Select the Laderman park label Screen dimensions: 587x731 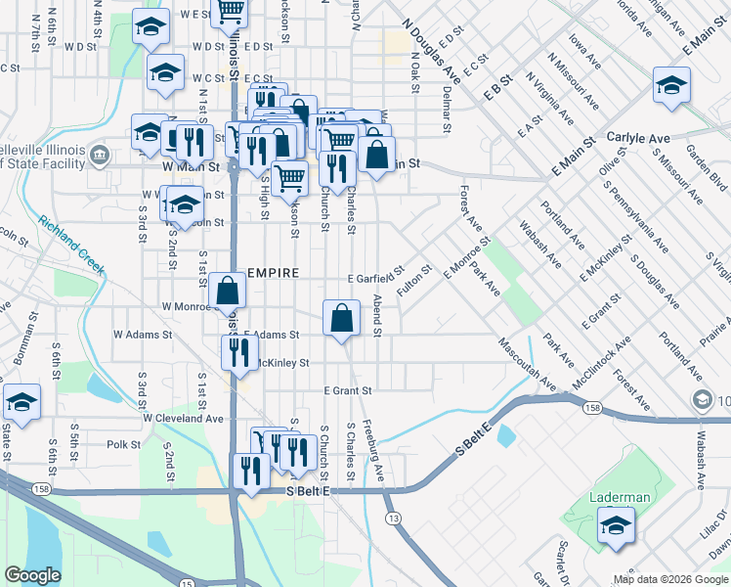(x=620, y=497)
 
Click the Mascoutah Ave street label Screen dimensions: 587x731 (x=528, y=362)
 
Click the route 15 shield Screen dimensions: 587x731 (x=187, y=582)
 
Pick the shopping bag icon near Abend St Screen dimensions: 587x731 (x=341, y=318)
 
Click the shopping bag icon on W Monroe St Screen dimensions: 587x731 (x=227, y=291)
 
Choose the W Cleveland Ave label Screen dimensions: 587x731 (x=183, y=418)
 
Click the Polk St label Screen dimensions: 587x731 (x=124, y=444)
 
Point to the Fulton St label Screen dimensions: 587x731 (x=414, y=282)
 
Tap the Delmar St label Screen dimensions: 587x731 (x=446, y=109)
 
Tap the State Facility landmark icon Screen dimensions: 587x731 (x=100, y=155)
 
